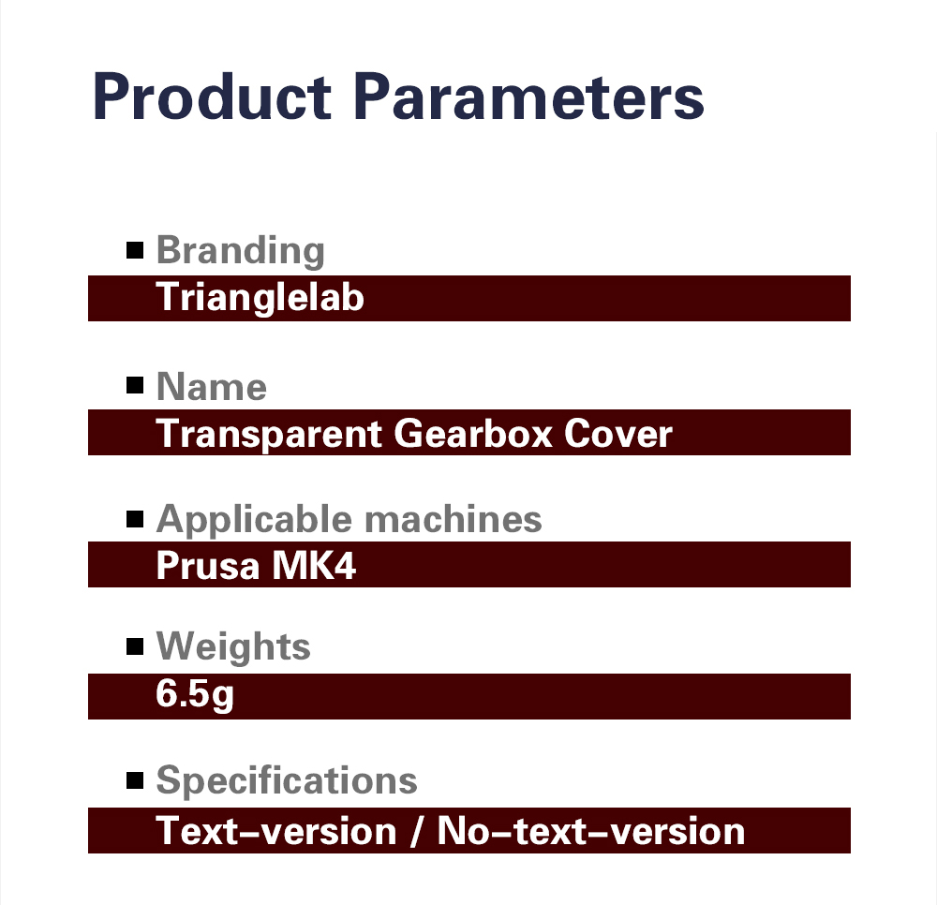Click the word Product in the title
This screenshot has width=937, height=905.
point(212,97)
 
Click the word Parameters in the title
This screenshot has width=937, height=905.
point(532,97)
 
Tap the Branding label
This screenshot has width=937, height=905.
point(240,251)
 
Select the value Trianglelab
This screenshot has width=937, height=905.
point(260,297)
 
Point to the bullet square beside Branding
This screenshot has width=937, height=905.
point(135,250)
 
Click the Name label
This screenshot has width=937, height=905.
point(211,386)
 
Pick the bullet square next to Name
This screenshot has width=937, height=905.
point(135,385)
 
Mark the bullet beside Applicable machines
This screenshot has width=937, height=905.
point(135,518)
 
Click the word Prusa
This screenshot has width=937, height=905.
point(203,565)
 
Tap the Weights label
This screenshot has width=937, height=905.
point(232,645)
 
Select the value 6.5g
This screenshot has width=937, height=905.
point(194,697)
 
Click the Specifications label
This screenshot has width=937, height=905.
point(286,779)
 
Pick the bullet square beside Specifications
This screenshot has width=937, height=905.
point(135,779)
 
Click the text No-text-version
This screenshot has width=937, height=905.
point(591,831)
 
